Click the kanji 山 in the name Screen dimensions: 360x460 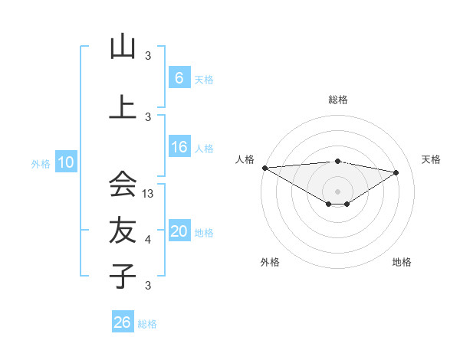point(123,47)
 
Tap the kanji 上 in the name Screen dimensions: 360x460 point(123,106)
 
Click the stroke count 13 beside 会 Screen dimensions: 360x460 point(149,194)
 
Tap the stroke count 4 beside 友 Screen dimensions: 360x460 point(148,240)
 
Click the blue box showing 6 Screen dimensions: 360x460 point(179,78)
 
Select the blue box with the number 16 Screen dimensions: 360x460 point(179,148)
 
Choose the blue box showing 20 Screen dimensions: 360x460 point(179,232)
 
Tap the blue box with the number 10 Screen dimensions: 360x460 point(65,162)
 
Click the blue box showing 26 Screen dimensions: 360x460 point(122,322)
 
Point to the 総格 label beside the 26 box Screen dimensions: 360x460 point(147,324)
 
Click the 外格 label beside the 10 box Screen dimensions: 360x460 point(41,163)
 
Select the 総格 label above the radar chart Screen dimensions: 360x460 point(337,100)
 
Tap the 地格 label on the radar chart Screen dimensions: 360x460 point(402,263)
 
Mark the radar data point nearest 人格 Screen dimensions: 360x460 point(264,168)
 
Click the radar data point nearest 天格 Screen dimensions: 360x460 point(396,172)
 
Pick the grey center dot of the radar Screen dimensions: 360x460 point(337,190)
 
